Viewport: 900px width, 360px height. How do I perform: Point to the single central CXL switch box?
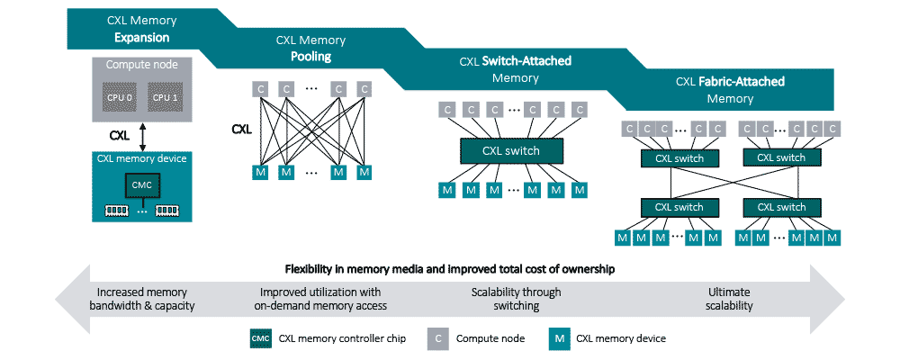click(511, 150)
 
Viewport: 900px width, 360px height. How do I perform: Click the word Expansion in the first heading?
click(141, 38)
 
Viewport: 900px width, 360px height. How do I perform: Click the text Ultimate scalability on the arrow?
click(729, 299)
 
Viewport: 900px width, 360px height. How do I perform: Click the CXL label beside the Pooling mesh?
click(240, 129)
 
